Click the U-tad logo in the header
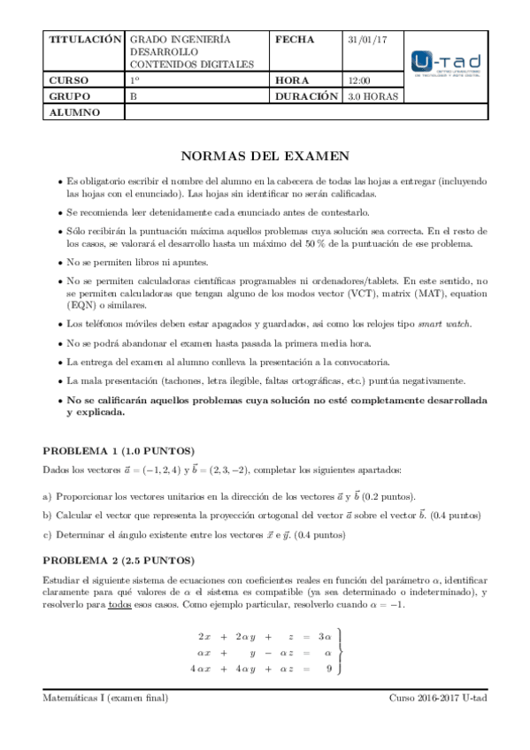coord(447,63)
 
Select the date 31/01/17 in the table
coord(362,41)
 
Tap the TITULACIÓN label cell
coord(84,41)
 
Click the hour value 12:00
coord(359,80)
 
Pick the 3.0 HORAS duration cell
coord(373,96)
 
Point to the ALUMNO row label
coord(75,112)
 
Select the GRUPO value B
coord(134,96)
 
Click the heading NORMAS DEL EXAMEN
coord(265,157)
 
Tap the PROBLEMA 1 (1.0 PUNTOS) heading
coord(119,450)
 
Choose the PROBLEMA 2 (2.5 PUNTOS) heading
coord(119,560)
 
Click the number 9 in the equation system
coord(328,669)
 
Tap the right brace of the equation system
coord(340,652)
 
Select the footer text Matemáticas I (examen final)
coord(106,698)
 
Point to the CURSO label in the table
coord(70,80)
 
